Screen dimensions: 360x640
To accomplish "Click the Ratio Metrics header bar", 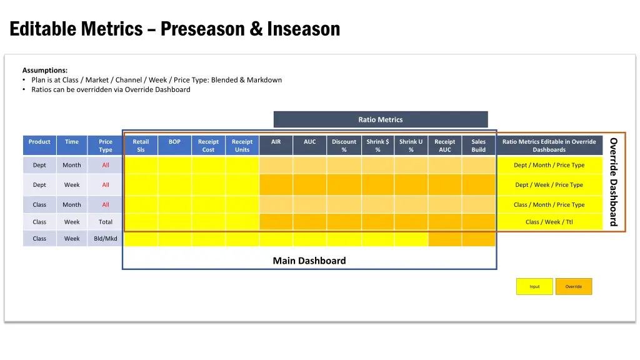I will pos(380,119).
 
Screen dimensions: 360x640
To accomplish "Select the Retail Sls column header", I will pos(141,146).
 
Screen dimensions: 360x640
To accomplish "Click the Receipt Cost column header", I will pos(208,146).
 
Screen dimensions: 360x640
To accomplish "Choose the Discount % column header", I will pos(344,146).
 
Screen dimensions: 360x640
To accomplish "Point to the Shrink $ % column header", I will pos(377,146).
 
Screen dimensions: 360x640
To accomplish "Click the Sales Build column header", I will pos(479,146).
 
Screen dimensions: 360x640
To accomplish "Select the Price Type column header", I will pos(106,146).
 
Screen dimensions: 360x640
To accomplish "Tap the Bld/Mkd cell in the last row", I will pos(106,239).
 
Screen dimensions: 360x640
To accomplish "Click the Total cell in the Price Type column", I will pos(106,222).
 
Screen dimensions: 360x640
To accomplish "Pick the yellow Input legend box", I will pos(534,287).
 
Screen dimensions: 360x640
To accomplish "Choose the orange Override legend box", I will pos(573,287).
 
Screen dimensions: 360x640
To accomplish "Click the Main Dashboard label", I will pos(309,261).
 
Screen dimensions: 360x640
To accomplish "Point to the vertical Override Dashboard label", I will pos(614,181).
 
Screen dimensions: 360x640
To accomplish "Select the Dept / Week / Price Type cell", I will pos(549,185).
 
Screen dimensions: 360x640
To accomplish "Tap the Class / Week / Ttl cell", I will pos(549,222).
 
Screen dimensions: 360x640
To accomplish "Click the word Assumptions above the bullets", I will pos(44,71).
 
